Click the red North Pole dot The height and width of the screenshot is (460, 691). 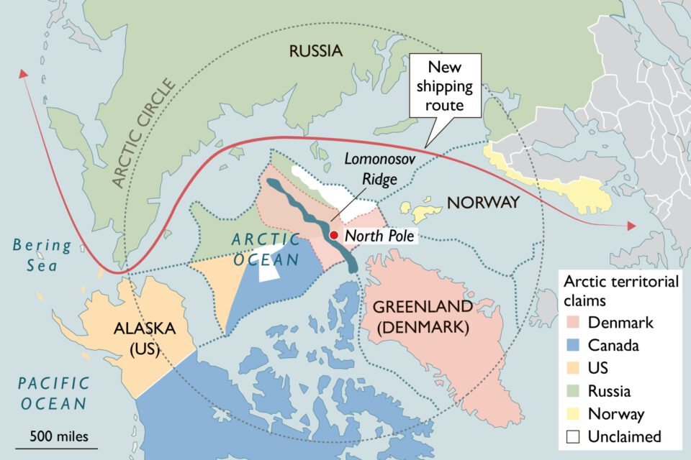click(333, 235)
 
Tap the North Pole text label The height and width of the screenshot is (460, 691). click(379, 236)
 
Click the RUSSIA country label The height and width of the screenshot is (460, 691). click(315, 51)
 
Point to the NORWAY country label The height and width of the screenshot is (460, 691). click(482, 203)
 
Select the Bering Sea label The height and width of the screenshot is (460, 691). click(42, 255)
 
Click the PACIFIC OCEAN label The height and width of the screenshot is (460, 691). click(54, 393)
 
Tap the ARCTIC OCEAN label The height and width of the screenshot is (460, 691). click(266, 249)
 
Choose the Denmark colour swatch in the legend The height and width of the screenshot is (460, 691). click(574, 323)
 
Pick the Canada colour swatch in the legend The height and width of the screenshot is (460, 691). click(574, 346)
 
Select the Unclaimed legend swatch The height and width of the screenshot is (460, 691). click(574, 437)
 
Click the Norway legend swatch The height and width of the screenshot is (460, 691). click(574, 414)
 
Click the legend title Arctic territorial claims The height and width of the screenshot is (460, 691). click(620, 290)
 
